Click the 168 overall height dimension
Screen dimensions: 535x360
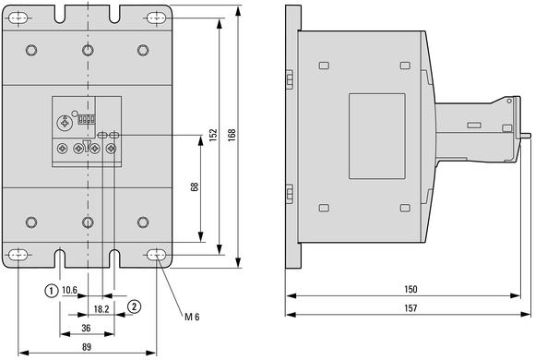point(232,136)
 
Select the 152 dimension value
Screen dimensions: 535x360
point(213,136)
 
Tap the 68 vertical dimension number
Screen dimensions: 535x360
point(195,186)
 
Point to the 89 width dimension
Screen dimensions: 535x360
point(87,347)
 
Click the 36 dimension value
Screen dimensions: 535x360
point(86,328)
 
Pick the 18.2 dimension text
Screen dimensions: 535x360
point(101,309)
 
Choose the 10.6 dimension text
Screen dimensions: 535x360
point(69,291)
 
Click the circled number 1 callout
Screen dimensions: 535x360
point(51,291)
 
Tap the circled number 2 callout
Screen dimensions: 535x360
point(134,306)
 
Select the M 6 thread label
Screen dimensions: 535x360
point(192,317)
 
